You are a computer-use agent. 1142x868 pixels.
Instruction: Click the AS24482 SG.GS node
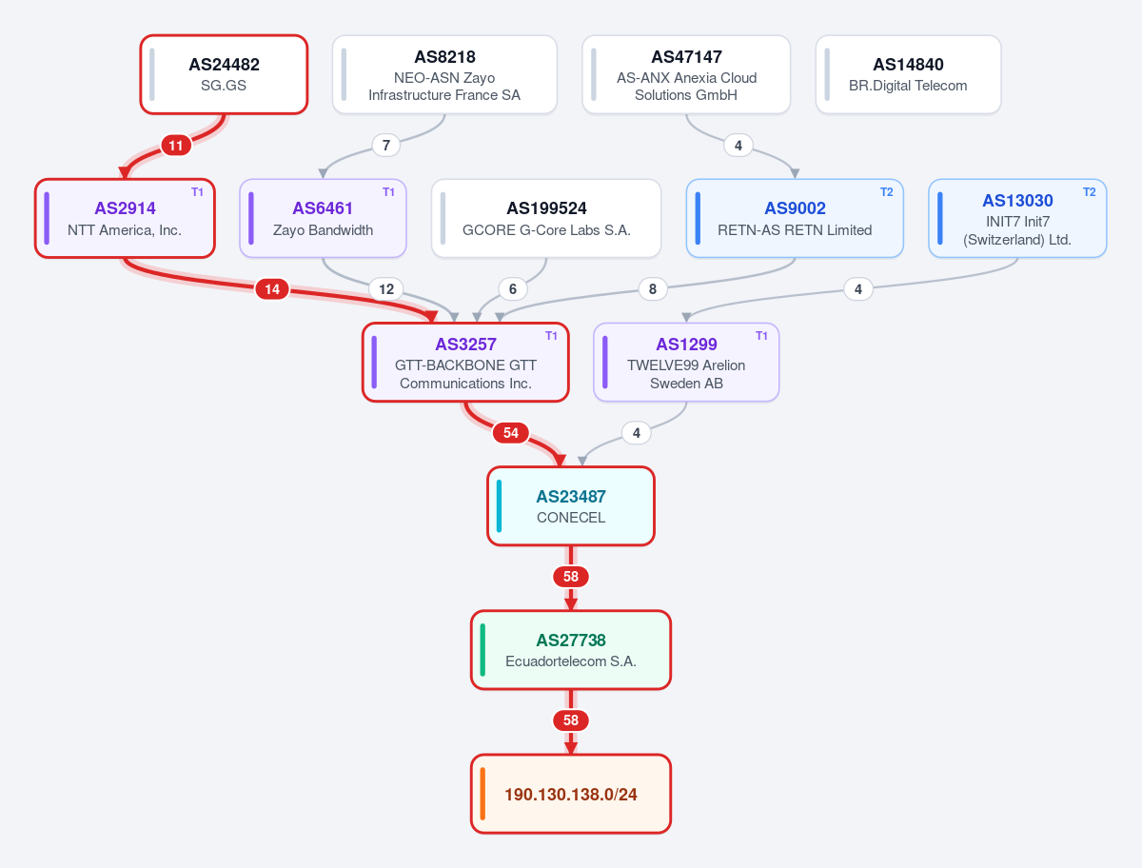[224, 74]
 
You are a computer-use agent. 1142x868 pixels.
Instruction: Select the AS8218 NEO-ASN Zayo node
[444, 74]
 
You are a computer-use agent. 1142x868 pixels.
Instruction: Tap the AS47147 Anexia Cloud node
[686, 74]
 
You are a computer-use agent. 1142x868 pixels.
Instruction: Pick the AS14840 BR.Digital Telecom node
[909, 74]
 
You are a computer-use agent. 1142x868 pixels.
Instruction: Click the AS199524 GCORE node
[546, 219]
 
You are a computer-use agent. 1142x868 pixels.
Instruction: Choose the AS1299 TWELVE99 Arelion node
[686, 363]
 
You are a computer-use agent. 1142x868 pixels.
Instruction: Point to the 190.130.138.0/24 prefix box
[571, 794]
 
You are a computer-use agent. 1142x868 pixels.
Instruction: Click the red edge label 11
[176, 146]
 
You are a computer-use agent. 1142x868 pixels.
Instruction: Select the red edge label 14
[272, 289]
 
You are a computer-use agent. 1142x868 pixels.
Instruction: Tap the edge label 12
[386, 289]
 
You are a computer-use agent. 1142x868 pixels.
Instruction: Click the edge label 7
[386, 146]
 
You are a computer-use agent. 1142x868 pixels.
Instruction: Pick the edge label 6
[512, 289]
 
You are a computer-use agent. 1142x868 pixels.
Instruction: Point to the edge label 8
[653, 289]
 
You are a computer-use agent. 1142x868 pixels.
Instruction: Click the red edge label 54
[511, 433]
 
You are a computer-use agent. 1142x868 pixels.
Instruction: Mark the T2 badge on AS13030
[1089, 192]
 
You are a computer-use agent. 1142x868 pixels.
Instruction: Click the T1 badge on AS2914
[197, 192]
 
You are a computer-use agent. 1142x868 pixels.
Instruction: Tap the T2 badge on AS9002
[887, 192]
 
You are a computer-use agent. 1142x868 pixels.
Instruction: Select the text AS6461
[323, 208]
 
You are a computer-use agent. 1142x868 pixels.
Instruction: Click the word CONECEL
[571, 518]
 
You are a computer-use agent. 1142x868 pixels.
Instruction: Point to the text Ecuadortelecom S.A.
[571, 661]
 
